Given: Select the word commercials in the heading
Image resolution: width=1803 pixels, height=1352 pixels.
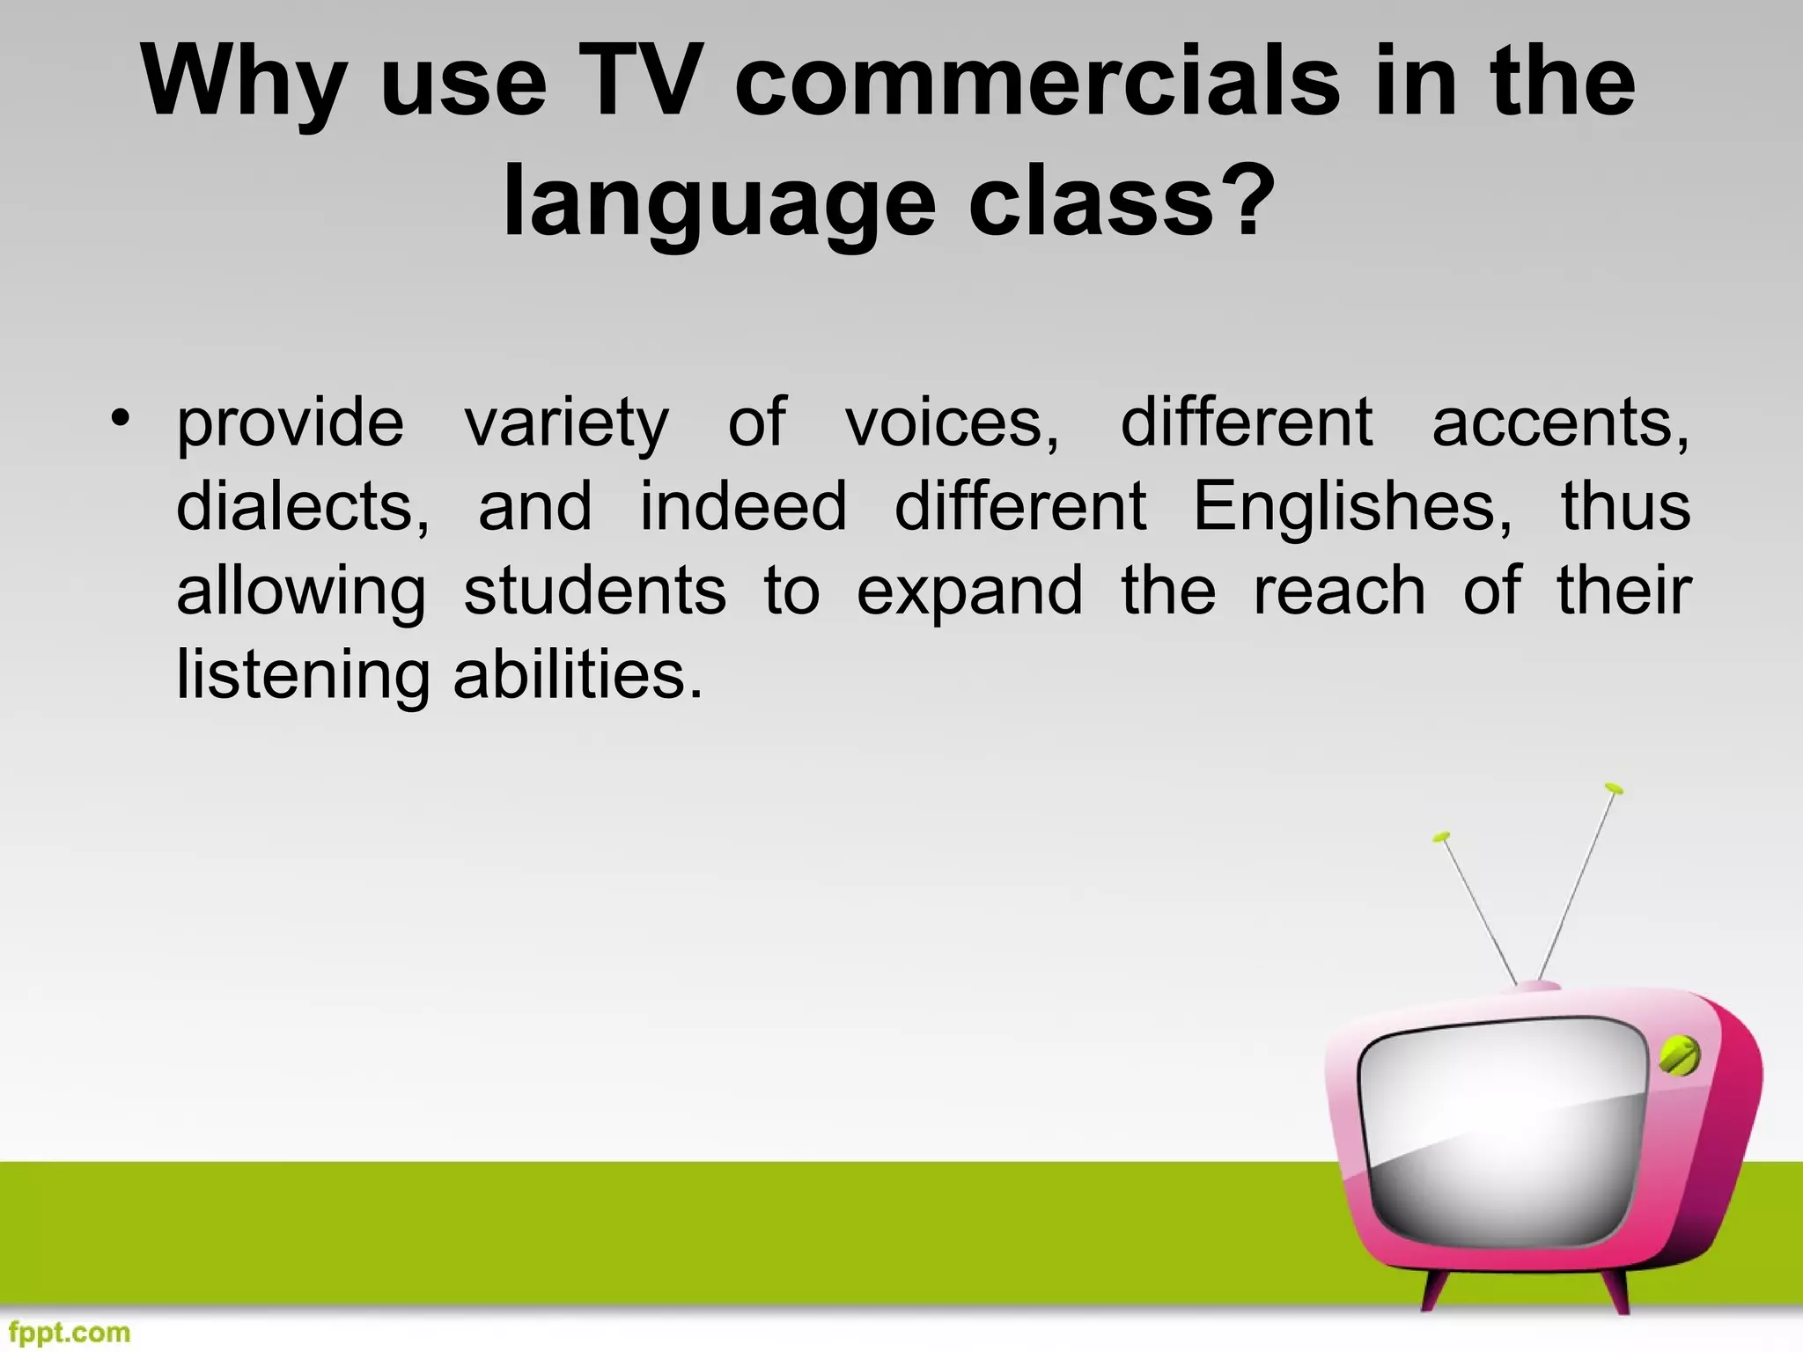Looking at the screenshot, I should pos(1038,81).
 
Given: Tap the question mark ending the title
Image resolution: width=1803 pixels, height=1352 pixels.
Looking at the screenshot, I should pos(1248,201).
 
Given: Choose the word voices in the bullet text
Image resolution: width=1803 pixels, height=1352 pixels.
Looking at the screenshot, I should pos(952,422).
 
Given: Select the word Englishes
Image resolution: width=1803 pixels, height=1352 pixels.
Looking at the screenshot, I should pos(1352,508).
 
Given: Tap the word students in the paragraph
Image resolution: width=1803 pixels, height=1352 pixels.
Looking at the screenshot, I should pos(595,591).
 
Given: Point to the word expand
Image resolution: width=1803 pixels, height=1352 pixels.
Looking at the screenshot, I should pos(969,592).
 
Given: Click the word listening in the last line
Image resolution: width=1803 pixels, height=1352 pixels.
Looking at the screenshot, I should pos(302,676).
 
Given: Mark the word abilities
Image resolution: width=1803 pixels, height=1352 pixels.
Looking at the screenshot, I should pos(578,674).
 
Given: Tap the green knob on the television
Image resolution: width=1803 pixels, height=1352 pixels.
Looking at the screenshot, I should pos(1679,1054).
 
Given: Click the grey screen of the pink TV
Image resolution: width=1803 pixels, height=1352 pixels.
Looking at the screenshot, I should pos(1501,1135).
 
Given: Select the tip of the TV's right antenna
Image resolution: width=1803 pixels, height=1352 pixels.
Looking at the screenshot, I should pos(1613,788).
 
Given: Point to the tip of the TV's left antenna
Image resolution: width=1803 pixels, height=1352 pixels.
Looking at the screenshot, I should pos(1441,836).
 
